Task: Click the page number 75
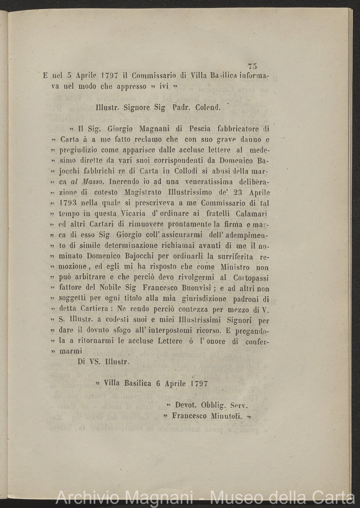253,66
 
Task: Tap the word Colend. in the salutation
208,107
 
